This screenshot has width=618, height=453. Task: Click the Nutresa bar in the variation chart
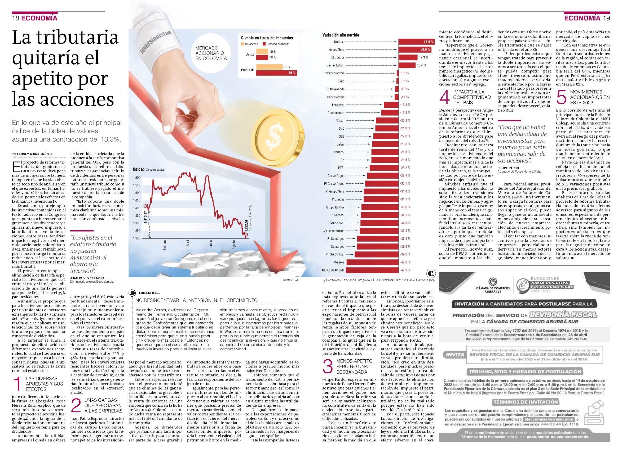click(416, 42)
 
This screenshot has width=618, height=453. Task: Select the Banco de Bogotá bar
click(372, 270)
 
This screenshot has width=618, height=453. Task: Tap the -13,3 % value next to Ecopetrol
click(405, 105)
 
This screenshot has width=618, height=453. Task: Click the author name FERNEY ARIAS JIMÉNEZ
click(34, 154)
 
